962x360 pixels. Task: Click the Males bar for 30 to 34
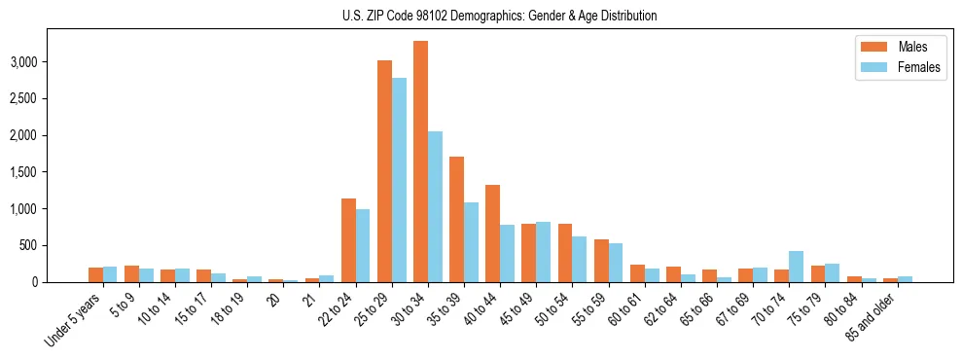click(420, 162)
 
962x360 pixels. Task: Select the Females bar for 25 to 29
click(399, 180)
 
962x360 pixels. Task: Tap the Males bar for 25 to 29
click(384, 171)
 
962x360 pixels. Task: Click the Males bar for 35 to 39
click(456, 219)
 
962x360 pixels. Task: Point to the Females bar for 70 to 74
click(796, 267)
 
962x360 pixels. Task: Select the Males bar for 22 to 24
click(348, 240)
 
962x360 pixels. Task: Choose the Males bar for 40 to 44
click(492, 234)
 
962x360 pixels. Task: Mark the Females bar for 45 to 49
click(543, 252)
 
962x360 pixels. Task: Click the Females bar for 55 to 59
click(615, 263)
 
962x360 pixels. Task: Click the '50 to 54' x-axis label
click(552, 311)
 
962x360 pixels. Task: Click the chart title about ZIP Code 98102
click(500, 16)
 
